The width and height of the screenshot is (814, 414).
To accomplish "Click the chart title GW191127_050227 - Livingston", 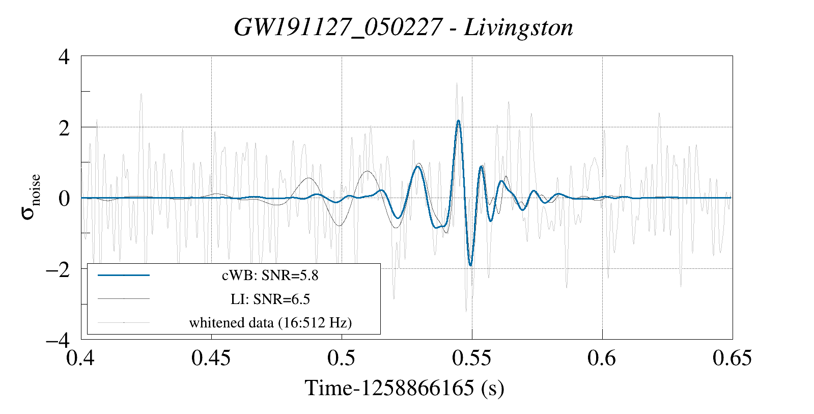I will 403,27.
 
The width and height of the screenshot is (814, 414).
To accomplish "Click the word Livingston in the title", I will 518,27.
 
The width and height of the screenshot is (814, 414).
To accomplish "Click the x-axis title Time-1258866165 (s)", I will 404,388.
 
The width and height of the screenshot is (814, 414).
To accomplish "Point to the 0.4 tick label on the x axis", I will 81,358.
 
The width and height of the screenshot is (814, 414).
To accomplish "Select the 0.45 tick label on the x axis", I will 211,358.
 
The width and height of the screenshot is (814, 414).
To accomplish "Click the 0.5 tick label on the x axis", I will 341,358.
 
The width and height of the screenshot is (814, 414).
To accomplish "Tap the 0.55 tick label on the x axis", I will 471,358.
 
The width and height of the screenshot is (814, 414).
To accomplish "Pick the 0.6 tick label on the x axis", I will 602,358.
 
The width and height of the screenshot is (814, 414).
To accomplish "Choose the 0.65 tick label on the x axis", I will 732,358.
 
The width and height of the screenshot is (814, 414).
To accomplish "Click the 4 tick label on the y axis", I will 64,57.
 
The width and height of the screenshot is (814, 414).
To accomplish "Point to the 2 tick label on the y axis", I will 64,128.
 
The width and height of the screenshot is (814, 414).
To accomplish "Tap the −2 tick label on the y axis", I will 58,269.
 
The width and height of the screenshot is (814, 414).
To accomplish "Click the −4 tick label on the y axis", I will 58,340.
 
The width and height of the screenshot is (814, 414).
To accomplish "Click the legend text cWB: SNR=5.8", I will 270,275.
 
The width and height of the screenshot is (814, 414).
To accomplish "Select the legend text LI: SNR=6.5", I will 270,299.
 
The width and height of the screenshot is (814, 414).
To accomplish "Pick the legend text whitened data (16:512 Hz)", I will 270,322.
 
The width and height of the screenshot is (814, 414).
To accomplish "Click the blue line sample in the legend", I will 124,275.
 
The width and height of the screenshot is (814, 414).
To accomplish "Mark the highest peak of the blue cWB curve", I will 458,121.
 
